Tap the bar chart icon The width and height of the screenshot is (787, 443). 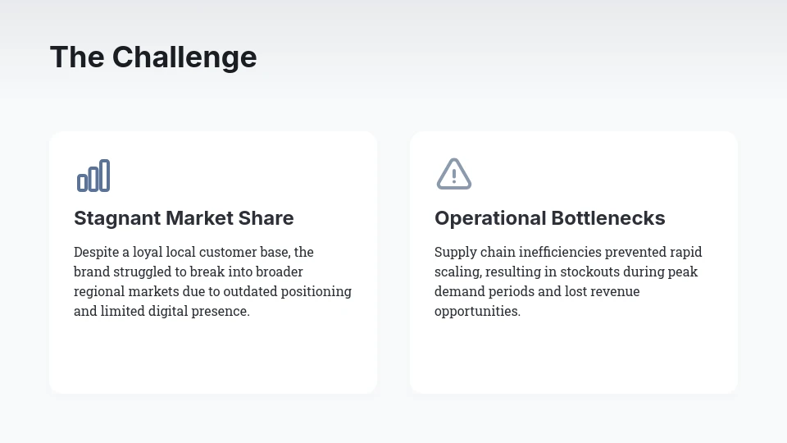(93, 176)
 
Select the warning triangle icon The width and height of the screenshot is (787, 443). (454, 174)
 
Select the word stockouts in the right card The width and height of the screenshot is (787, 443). (589, 272)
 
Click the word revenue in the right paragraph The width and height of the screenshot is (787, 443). (614, 291)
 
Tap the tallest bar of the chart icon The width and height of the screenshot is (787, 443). (104, 176)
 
